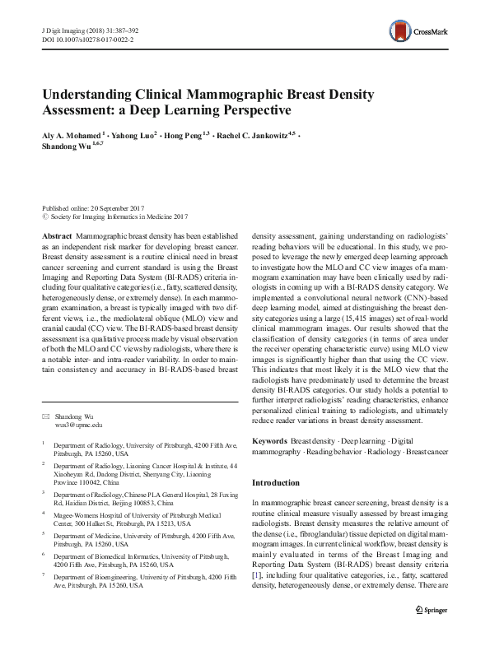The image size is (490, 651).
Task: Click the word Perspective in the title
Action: pyautogui.click(x=251, y=109)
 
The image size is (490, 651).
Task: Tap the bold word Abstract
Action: pyautogui.click(x=54, y=235)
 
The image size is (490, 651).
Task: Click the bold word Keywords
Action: pyautogui.click(x=269, y=442)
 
